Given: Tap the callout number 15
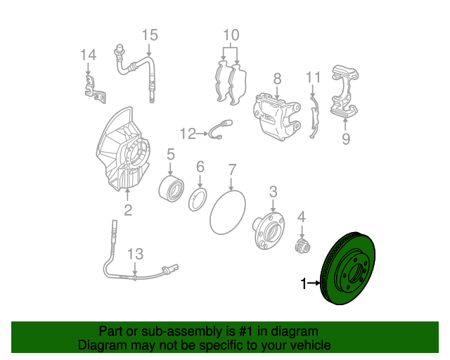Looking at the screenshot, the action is (150, 35).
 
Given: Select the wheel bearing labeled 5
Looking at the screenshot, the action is (171, 189).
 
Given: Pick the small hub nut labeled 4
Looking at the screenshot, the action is (303, 246).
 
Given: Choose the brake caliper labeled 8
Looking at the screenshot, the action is (277, 116).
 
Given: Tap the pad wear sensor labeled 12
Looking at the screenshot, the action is (220, 130).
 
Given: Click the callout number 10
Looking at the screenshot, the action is (231, 35).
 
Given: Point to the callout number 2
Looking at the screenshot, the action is (128, 210).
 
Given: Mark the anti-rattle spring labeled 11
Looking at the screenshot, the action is (314, 117).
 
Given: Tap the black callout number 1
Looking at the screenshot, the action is (304, 283).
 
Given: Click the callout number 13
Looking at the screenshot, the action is (135, 254).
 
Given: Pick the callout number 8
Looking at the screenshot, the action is (277, 79).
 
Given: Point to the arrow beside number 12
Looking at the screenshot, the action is (202, 134).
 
